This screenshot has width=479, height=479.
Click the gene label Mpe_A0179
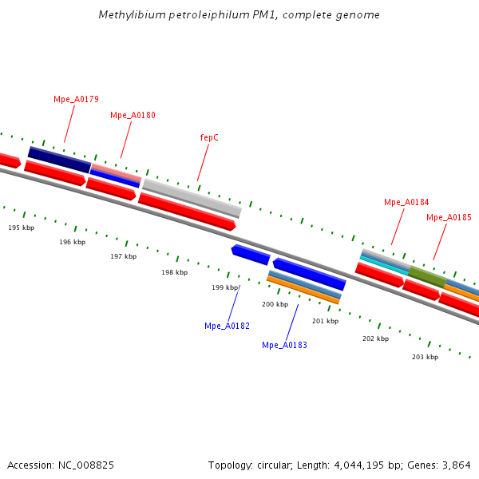76,99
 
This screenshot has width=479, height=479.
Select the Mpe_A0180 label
133,115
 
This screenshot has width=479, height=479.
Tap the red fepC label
209,137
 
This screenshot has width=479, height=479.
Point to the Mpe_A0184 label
406,202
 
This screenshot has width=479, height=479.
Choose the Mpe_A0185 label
449,217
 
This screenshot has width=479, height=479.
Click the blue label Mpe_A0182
227,326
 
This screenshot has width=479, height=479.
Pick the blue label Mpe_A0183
284,345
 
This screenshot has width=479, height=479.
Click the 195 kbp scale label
22,228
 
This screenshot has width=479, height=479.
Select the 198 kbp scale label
174,272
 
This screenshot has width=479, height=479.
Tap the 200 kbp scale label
275,304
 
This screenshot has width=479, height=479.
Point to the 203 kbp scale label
425,357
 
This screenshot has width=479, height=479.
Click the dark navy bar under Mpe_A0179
60,160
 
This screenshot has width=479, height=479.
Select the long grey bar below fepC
192,198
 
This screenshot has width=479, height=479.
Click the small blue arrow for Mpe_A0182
250,255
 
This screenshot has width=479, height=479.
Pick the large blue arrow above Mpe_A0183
309,274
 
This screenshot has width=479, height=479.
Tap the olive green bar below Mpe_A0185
427,277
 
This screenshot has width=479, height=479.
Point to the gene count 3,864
457,465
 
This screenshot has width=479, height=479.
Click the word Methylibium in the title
128,15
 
